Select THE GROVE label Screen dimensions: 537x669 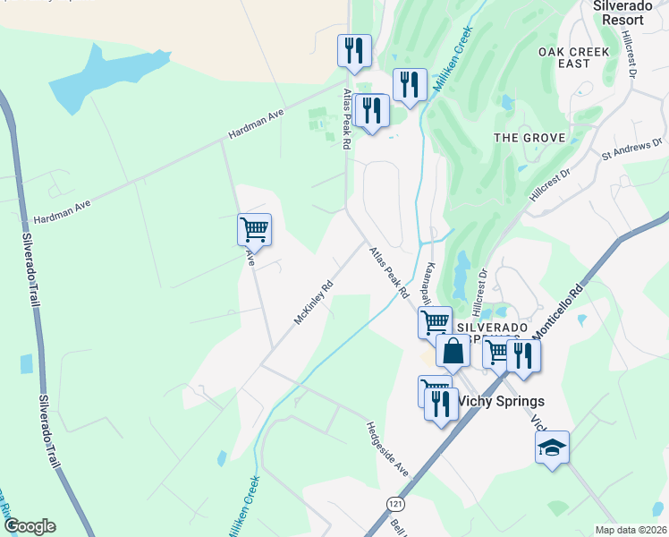pos(529,138)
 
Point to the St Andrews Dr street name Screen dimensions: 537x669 pos(631,149)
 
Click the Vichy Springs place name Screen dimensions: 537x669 pos(501,402)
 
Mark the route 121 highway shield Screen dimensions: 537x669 pos(395,506)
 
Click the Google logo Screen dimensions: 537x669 pos(29,526)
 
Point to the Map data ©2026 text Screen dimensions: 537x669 pos(631,530)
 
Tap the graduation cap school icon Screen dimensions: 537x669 pos(552,447)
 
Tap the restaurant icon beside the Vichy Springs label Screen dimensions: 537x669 pos(440,403)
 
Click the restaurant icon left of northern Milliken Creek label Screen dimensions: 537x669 pos(409,85)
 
